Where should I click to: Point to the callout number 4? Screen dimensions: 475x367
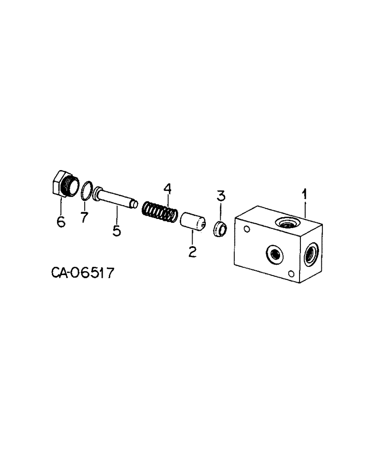(x=167, y=189)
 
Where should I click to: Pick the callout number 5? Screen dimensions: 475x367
(x=116, y=231)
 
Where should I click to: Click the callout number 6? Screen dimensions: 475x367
(x=61, y=221)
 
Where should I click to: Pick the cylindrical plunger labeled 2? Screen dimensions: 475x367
(x=192, y=222)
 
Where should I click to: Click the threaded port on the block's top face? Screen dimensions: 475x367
(x=286, y=221)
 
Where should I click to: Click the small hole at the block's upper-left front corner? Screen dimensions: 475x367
(x=246, y=230)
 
